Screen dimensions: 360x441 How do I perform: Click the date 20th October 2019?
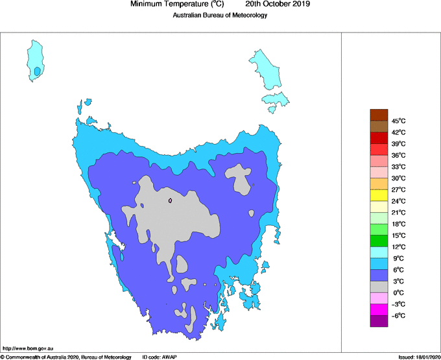tap(278, 4)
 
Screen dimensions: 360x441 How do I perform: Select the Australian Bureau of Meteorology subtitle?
tap(220, 15)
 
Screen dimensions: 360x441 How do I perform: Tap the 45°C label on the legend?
tap(398, 121)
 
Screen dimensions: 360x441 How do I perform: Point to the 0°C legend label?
tap(398, 293)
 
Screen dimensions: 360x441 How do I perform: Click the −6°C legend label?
tap(398, 316)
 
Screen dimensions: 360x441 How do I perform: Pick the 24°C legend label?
tap(398, 201)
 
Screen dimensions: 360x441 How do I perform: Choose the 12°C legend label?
tap(398, 247)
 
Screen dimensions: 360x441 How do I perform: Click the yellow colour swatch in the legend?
tap(379, 195)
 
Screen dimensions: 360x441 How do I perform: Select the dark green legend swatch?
tap(379, 241)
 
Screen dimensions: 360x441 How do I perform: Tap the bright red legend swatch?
tap(379, 149)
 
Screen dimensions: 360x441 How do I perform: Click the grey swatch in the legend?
tap(379, 287)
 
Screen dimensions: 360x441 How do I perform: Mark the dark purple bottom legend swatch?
tap(379, 321)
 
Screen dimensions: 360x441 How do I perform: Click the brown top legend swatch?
tap(379, 115)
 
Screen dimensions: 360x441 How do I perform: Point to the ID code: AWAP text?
tap(160, 357)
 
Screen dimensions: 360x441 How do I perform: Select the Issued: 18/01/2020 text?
tap(419, 357)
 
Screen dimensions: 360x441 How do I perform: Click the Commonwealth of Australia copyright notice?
tap(66, 357)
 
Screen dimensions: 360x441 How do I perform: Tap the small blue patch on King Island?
tap(38, 71)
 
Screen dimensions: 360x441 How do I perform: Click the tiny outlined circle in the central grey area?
tap(170, 200)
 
